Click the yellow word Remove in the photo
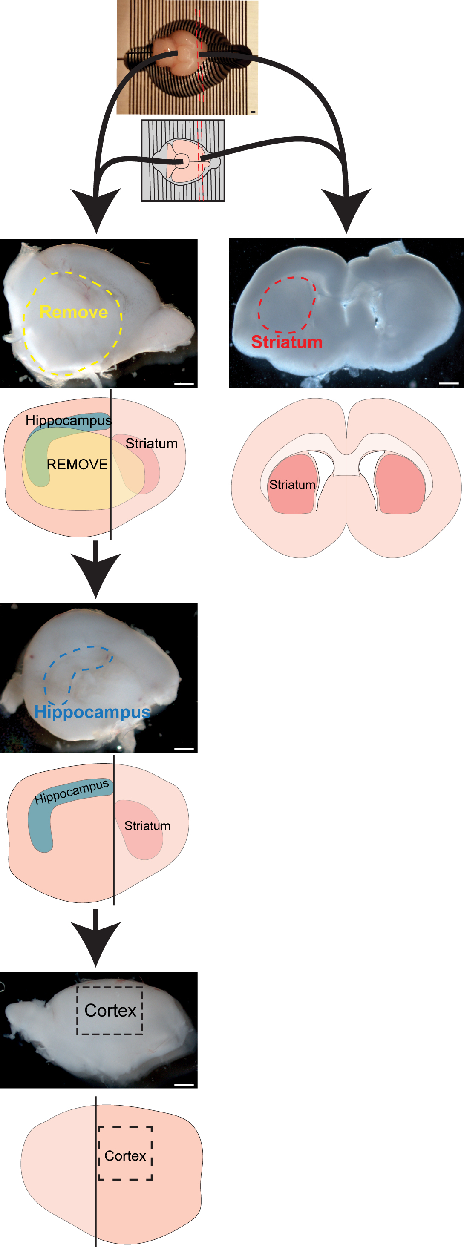74,312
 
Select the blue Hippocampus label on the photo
92,713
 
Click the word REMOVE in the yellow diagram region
77,465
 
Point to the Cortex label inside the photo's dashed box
110,1011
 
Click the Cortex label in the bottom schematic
125,1156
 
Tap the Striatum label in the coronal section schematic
292,485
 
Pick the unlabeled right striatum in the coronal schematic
400,484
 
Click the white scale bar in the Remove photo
184,384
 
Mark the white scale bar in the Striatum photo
449,383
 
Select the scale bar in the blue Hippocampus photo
184,748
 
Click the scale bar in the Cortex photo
184,1085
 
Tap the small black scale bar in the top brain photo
253,112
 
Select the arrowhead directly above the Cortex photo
95,944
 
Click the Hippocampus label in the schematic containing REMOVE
68,420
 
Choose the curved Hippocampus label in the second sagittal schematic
72,792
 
